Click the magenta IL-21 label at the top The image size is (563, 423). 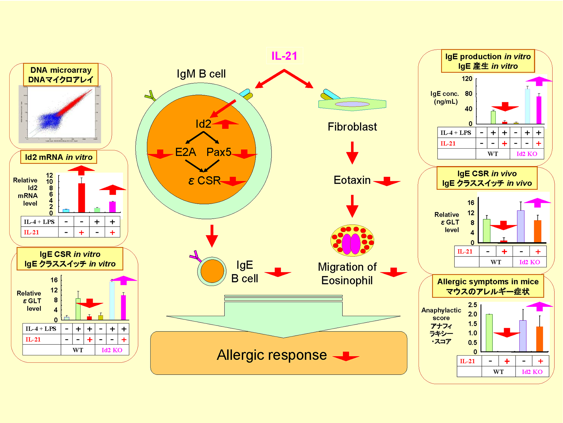(x=284, y=56)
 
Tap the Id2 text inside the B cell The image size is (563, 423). (x=203, y=124)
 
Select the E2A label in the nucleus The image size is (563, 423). (x=185, y=152)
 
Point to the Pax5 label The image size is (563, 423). (x=219, y=152)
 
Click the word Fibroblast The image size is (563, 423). (x=352, y=127)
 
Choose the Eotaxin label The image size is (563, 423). (x=352, y=180)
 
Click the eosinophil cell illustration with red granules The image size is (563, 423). (x=352, y=241)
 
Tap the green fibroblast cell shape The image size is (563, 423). (x=352, y=104)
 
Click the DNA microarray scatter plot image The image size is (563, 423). (x=60, y=114)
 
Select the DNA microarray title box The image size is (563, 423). (x=61, y=75)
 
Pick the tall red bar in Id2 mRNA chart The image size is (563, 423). (x=81, y=197)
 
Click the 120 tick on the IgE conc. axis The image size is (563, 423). (x=467, y=79)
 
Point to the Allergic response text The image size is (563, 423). (x=272, y=355)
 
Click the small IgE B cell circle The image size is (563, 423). (x=212, y=271)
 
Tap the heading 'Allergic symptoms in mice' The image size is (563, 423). (x=488, y=282)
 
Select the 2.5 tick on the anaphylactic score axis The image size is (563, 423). (x=473, y=305)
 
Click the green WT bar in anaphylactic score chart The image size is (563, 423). (x=489, y=332)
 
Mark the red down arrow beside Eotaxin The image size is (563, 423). (x=387, y=181)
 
